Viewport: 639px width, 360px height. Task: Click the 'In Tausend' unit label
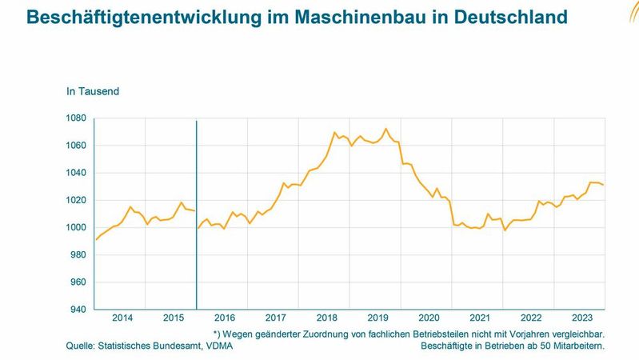[x=93, y=91]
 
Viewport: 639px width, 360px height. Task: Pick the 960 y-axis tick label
[x=77, y=282]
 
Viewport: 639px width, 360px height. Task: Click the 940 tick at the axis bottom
[x=77, y=310]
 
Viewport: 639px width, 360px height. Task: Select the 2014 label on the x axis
[x=122, y=318]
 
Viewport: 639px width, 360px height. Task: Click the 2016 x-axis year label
[x=224, y=318]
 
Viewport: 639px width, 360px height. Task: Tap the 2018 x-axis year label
[x=326, y=318]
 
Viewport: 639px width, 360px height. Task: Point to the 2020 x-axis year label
[x=429, y=318]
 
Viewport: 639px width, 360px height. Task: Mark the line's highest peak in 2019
[x=386, y=129]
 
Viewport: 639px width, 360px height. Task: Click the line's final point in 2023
[x=604, y=185]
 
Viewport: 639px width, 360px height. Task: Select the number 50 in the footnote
[x=544, y=346]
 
